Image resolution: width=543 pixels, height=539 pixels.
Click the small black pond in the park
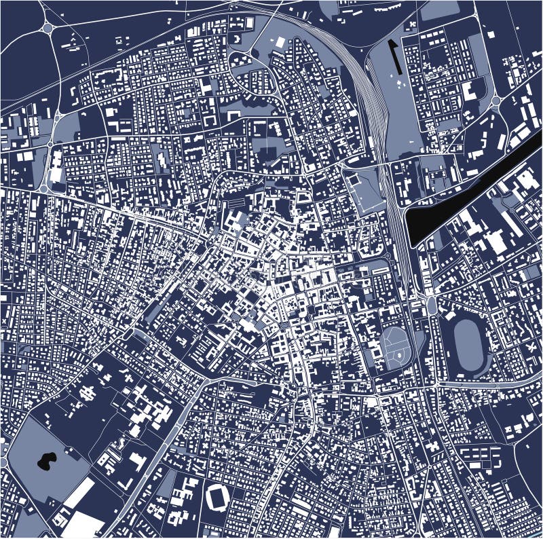coord(45,462)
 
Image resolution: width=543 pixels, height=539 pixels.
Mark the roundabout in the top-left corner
coord(48,28)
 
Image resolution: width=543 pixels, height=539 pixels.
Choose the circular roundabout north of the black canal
coord(495,102)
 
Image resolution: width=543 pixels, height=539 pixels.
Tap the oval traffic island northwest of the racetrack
coord(432,305)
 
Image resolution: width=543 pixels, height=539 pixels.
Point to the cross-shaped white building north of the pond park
coord(88,393)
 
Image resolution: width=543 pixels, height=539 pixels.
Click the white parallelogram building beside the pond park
coord(79,494)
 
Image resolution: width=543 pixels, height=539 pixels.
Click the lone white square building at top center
coord(280,42)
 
